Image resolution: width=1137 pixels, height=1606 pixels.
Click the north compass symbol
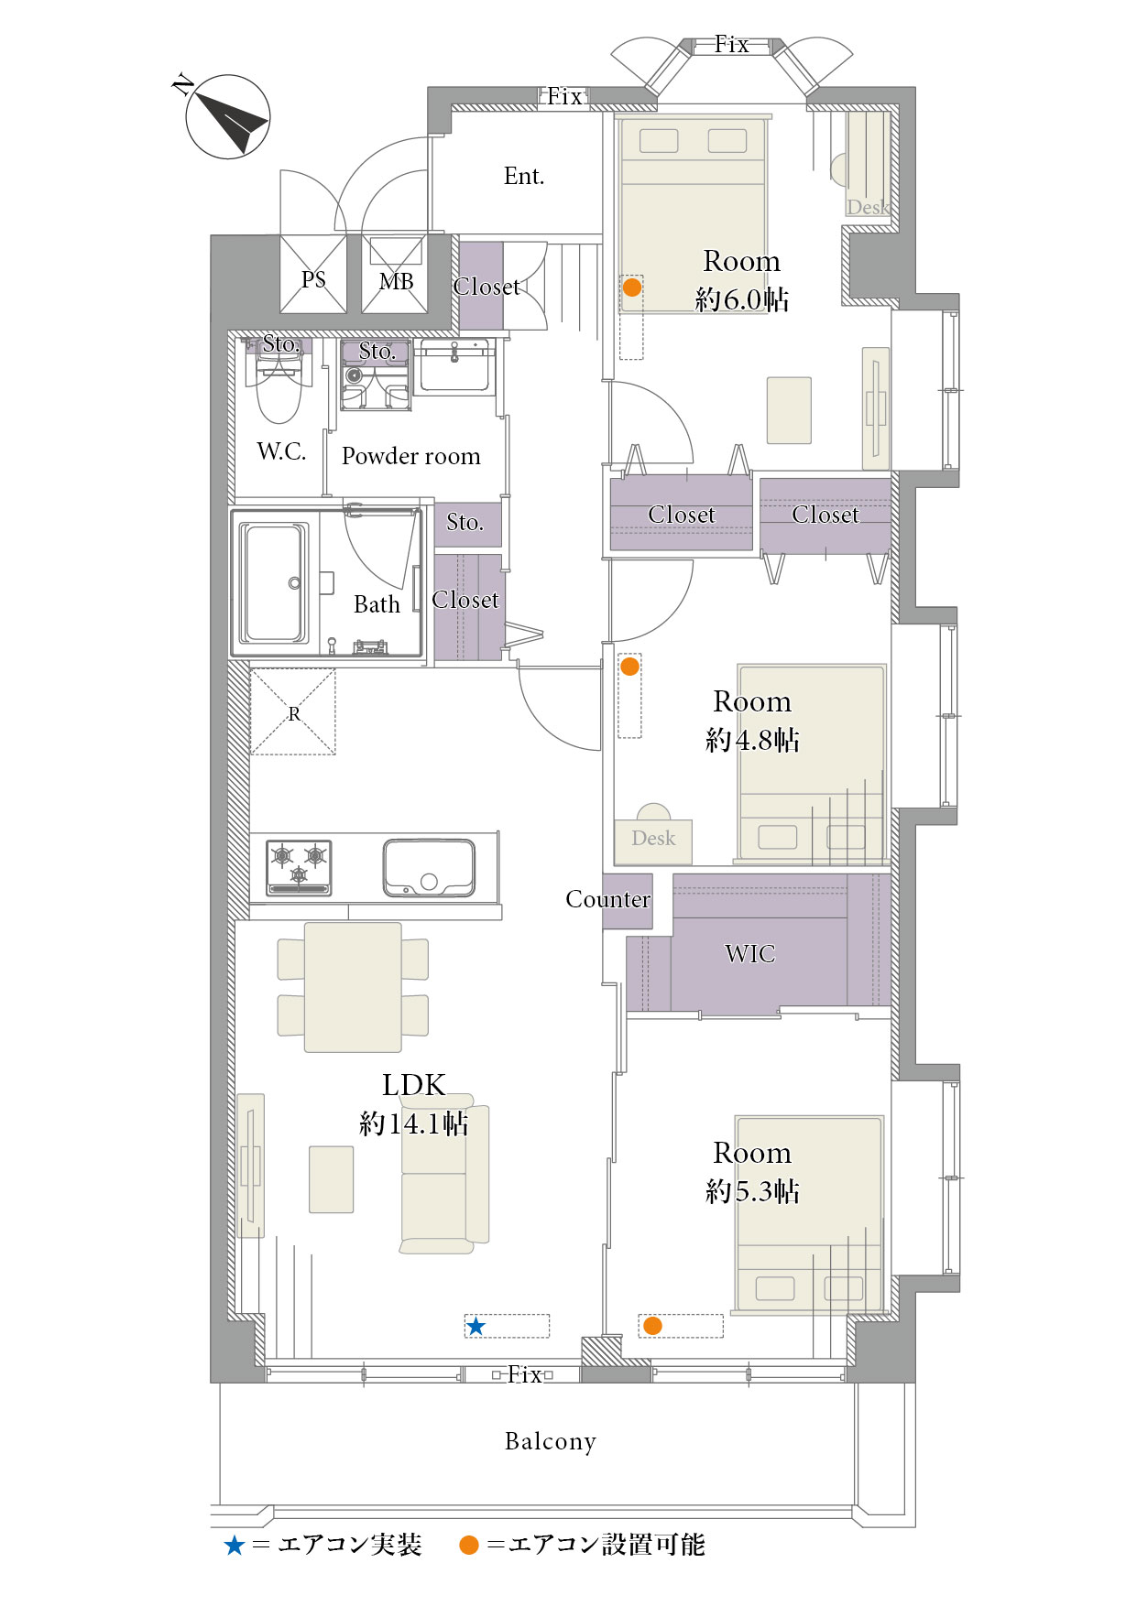pyautogui.click(x=227, y=116)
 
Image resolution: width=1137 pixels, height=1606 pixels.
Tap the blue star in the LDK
pyautogui.click(x=476, y=1326)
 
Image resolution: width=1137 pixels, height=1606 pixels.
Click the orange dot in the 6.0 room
pyautogui.click(x=631, y=288)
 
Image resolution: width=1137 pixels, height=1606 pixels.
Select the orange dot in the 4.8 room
pyautogui.click(x=629, y=667)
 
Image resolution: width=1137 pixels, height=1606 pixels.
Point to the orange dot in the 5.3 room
pyautogui.click(x=652, y=1325)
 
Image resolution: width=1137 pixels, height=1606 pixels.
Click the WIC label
pyautogui.click(x=750, y=954)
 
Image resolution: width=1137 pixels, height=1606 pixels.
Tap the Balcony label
pyautogui.click(x=551, y=1441)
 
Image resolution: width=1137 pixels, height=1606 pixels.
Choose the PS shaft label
pyautogui.click(x=313, y=279)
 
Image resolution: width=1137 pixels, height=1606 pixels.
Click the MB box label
pyautogui.click(x=397, y=281)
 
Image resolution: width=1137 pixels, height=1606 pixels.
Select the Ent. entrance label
pyautogui.click(x=524, y=176)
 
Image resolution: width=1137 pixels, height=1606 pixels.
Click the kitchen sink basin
pyautogui.click(x=429, y=868)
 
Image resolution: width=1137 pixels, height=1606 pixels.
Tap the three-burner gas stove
pyautogui.click(x=299, y=867)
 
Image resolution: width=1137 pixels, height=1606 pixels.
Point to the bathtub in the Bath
pyautogui.click(x=273, y=583)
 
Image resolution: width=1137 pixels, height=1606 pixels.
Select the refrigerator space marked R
pyautogui.click(x=293, y=712)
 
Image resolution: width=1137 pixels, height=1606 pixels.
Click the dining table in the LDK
pyautogui.click(x=353, y=987)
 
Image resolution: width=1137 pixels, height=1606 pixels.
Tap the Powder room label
pyautogui.click(x=411, y=456)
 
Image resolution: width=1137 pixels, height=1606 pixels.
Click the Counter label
pyautogui.click(x=607, y=899)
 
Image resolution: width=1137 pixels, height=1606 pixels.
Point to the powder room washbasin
pyautogui.click(x=455, y=365)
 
